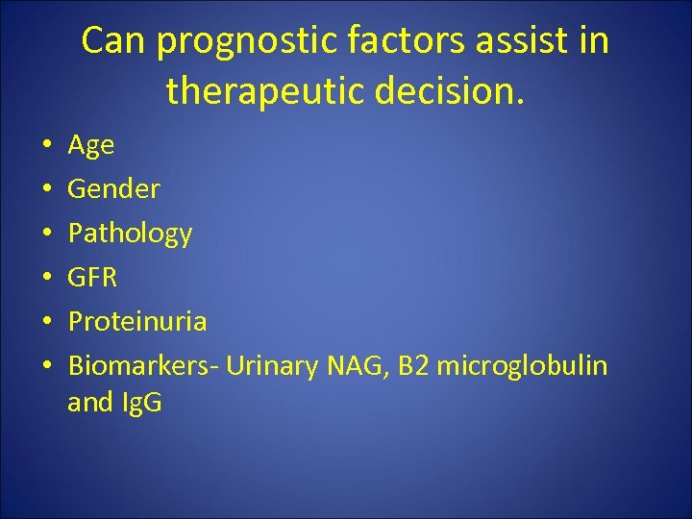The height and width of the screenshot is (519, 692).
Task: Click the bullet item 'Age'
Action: pos(90,146)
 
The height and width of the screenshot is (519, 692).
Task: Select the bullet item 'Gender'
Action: pos(113,189)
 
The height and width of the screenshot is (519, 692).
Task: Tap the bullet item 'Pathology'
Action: pos(130,234)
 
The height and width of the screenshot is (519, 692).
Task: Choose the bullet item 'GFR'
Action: pos(92,278)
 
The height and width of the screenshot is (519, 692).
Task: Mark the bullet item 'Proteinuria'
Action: pos(136,321)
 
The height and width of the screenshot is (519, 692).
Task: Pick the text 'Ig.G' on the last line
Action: pos(140,403)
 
